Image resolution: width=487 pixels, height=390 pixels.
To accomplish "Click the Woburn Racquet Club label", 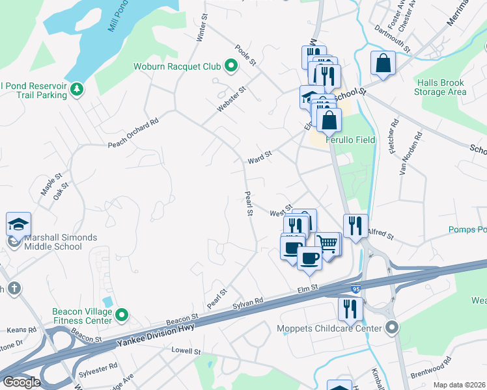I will (177, 66).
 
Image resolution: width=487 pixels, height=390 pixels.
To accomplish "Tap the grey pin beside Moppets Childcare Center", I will (391, 328).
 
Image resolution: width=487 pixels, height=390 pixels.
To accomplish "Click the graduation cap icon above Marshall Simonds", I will (18, 224).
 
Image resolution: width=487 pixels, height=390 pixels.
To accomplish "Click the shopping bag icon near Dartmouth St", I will (383, 64).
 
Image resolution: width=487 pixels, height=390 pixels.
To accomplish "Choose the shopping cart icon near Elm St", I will (329, 244).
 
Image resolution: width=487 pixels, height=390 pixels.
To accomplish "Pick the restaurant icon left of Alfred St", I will (355, 226).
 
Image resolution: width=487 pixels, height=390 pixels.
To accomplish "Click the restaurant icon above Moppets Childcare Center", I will (350, 309).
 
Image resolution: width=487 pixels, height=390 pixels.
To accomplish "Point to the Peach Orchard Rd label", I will (133, 134).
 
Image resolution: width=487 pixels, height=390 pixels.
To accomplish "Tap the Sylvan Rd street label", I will (249, 302).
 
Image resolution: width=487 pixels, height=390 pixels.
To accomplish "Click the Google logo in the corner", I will (21, 382).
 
